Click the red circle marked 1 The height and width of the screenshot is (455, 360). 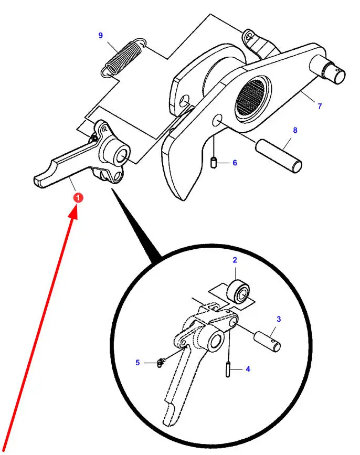78,198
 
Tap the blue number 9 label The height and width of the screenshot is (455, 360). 100,35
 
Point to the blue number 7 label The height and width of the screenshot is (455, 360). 320,106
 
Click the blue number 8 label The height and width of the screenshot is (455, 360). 295,130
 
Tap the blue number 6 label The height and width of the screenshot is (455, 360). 235,163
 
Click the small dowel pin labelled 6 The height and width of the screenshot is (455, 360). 214,163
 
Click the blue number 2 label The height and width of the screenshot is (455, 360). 235,260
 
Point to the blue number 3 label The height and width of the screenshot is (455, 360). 279,319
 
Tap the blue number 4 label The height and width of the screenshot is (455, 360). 248,369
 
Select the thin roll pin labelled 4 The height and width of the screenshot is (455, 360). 228,368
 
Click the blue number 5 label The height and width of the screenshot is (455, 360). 137,363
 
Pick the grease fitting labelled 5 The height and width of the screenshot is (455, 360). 160,363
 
